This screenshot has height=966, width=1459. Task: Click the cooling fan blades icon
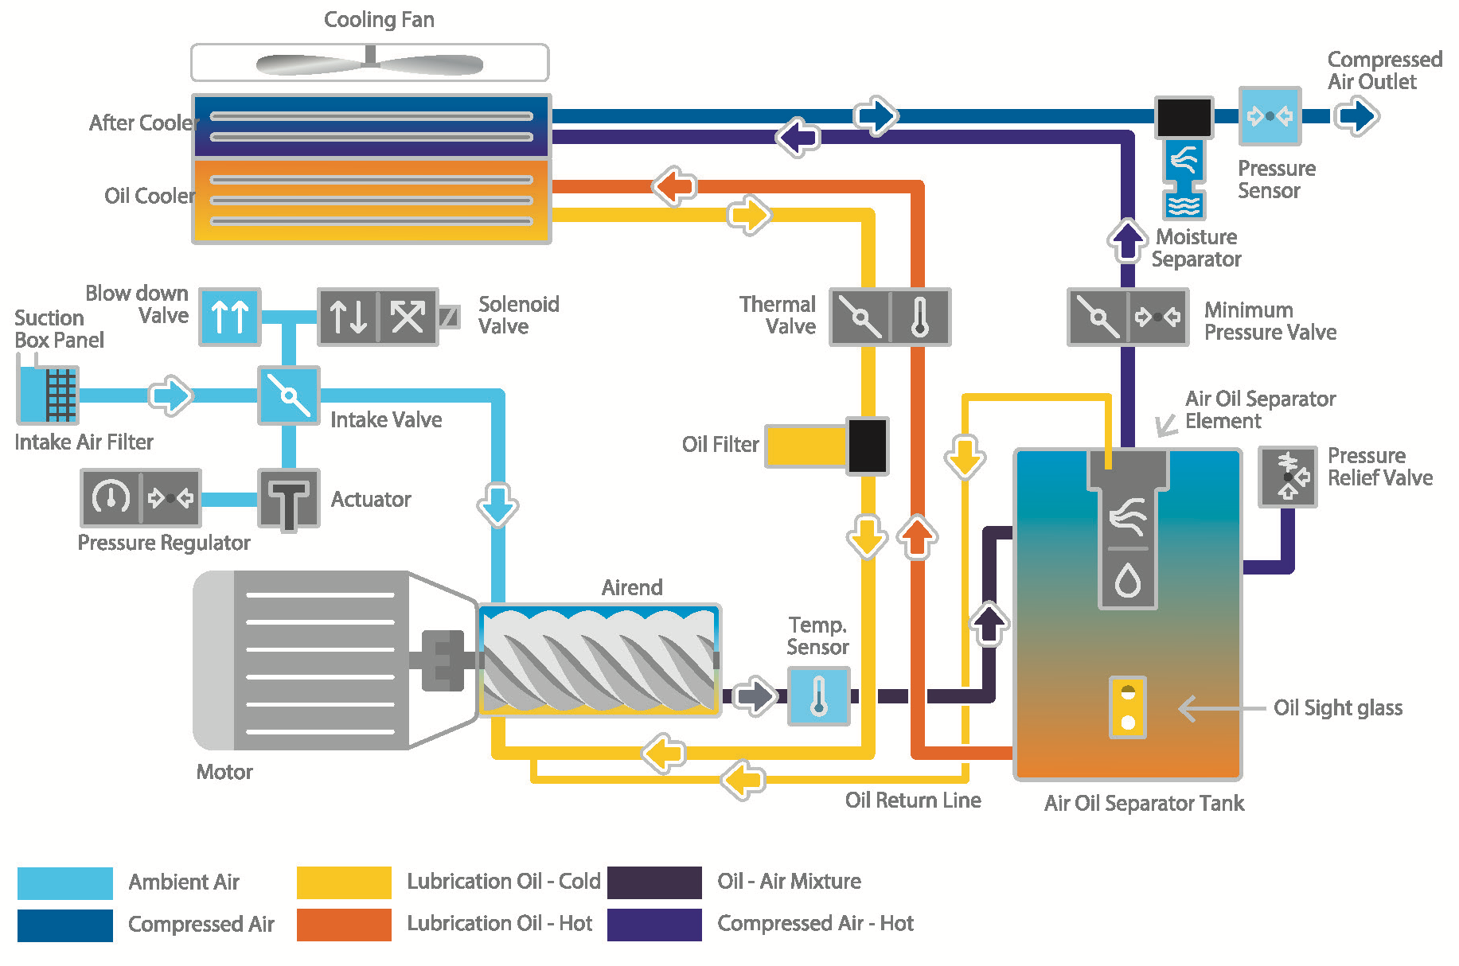pyautogui.click(x=369, y=64)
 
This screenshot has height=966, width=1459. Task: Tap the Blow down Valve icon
pyautogui.click(x=229, y=317)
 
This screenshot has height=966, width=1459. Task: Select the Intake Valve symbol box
pyautogui.click(x=288, y=395)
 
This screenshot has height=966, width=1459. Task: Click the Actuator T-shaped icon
pyautogui.click(x=288, y=499)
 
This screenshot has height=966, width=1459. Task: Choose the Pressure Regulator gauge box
pyautogui.click(x=140, y=498)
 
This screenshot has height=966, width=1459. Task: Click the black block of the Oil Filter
pyautogui.click(x=867, y=446)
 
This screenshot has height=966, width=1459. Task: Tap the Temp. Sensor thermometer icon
pyautogui.click(x=818, y=696)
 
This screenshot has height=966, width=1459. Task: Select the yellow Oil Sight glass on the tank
pyautogui.click(x=1127, y=707)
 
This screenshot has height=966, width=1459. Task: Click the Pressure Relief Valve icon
pyautogui.click(x=1287, y=477)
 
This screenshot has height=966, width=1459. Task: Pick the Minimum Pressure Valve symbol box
pyautogui.click(x=1127, y=317)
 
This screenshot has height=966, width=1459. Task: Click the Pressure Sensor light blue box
pyautogui.click(x=1270, y=116)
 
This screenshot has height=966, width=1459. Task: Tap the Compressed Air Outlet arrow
pyautogui.click(x=1356, y=116)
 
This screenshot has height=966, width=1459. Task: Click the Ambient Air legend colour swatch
pyautogui.click(x=65, y=882)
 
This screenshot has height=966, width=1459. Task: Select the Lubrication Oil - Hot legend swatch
pyautogui.click(x=344, y=925)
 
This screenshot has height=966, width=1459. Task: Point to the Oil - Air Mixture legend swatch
pyautogui.click(x=654, y=882)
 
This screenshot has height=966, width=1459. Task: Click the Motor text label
pyautogui.click(x=224, y=772)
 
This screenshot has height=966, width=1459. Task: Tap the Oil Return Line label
pyautogui.click(x=913, y=800)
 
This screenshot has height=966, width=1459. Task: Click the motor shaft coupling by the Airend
pyautogui.click(x=443, y=660)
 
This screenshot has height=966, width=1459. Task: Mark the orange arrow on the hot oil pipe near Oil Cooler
pyautogui.click(x=674, y=187)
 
